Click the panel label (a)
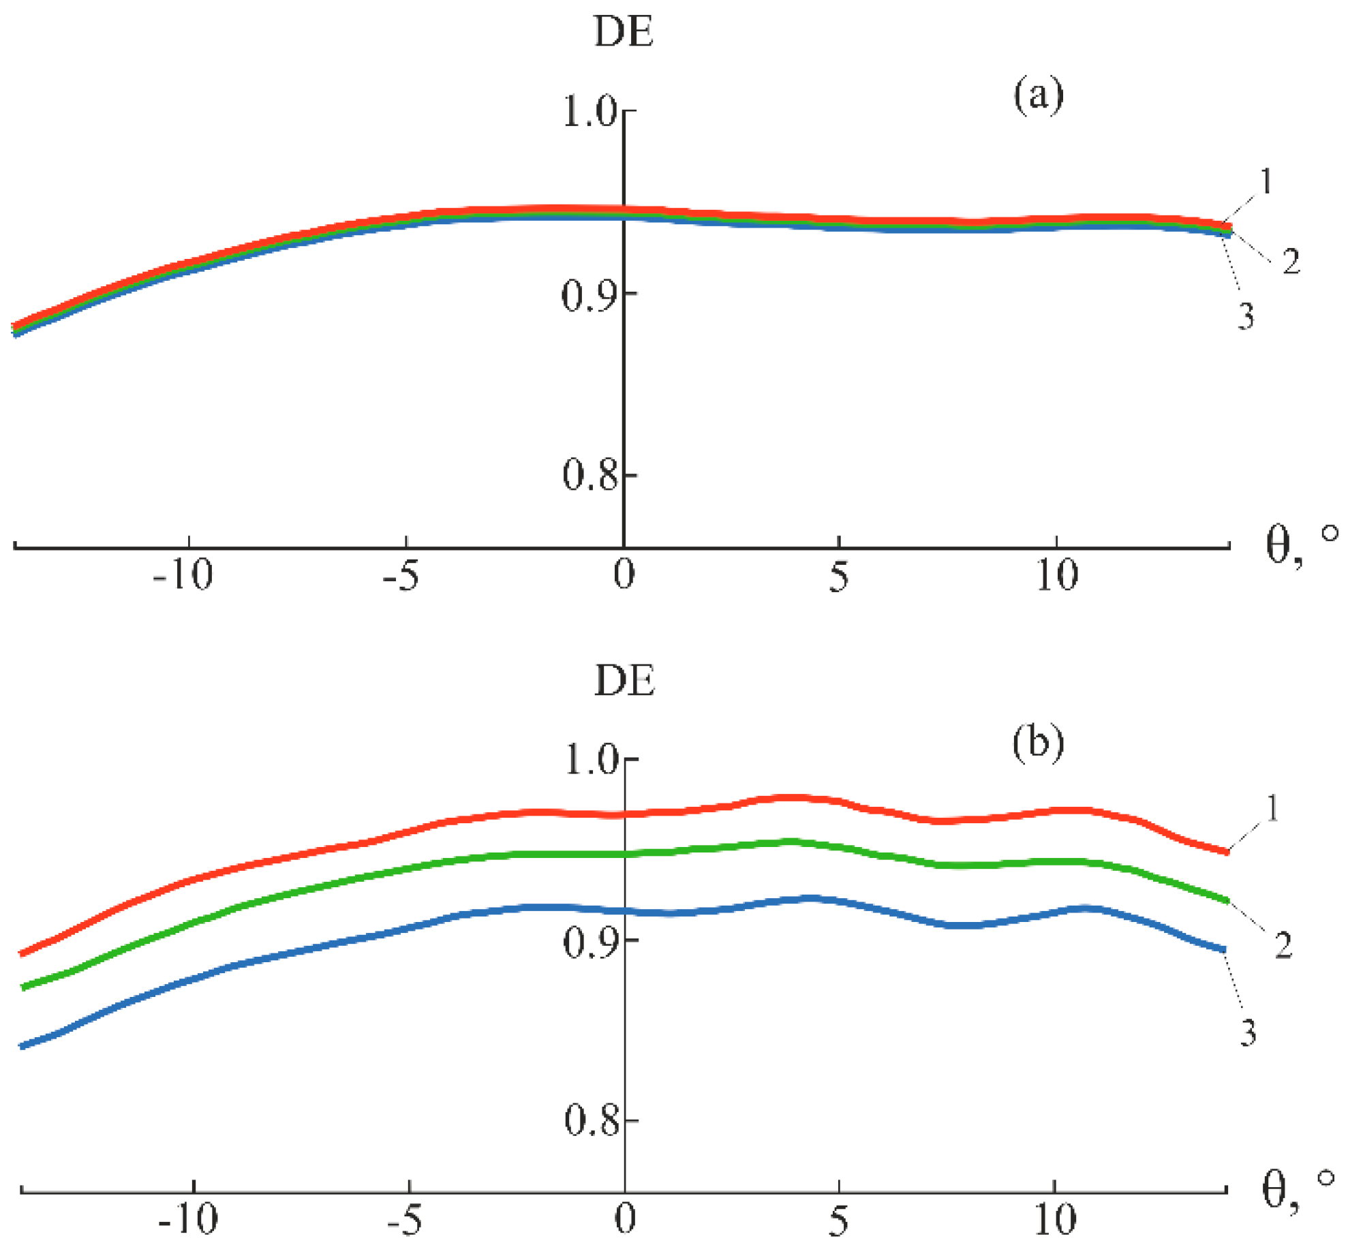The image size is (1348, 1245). point(1038,95)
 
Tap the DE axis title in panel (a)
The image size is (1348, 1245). point(624,32)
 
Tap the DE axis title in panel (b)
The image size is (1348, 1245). point(624,681)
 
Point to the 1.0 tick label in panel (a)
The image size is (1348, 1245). point(589,111)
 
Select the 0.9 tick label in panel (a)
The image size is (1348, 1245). point(589,296)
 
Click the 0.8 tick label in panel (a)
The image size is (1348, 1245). point(589,475)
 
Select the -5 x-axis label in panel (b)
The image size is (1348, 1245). point(404,1220)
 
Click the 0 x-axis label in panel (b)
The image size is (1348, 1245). point(625,1219)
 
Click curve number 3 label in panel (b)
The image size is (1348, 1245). point(1248,1033)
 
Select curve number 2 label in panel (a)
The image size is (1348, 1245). point(1291,262)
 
